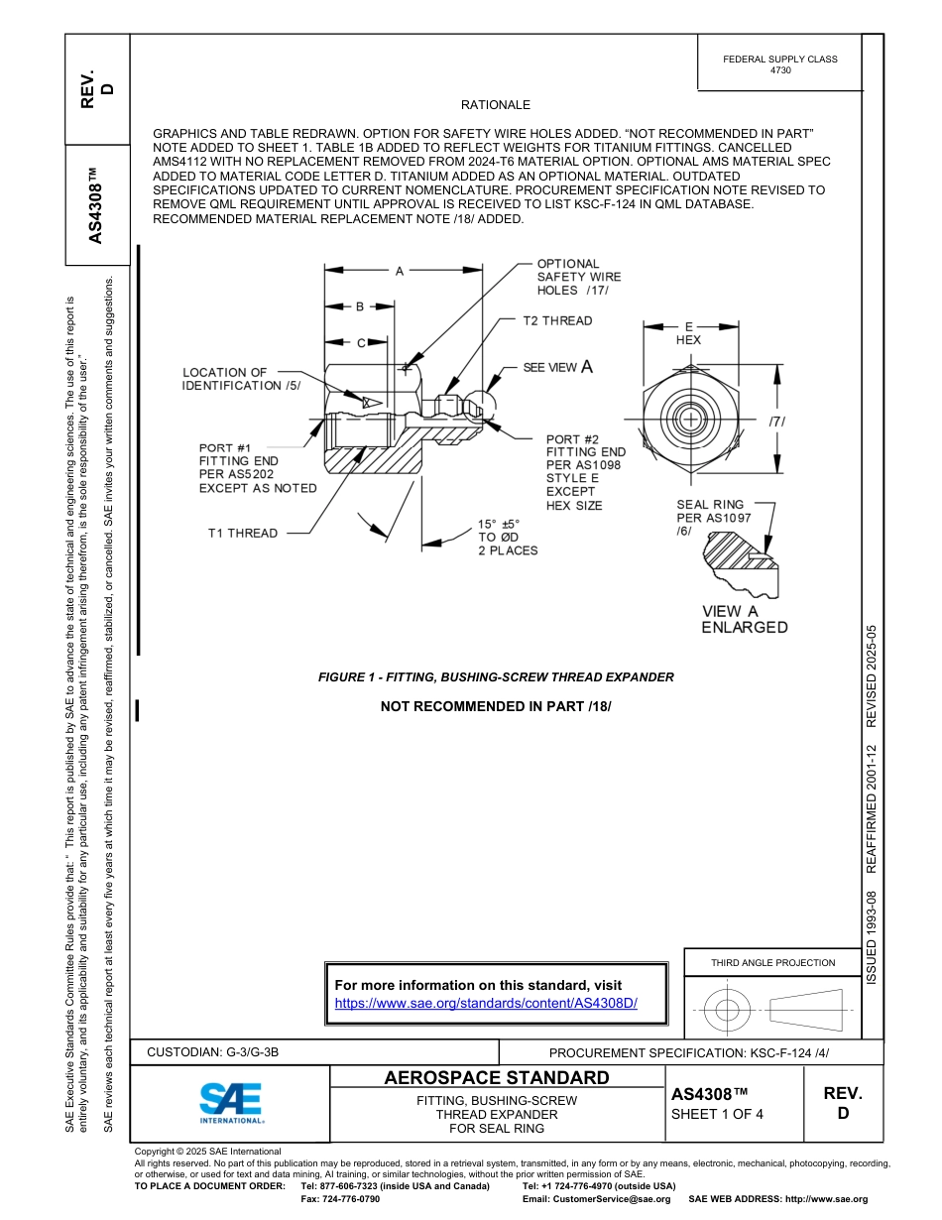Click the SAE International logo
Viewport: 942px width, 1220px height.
point(230,1102)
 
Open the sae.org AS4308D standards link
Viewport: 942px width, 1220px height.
point(486,1004)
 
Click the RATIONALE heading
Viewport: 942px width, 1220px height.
point(496,105)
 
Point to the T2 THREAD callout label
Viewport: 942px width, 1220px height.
point(557,321)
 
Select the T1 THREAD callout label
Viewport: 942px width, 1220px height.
point(243,534)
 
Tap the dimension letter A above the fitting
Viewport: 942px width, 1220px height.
point(400,270)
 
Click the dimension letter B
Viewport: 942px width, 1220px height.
point(361,307)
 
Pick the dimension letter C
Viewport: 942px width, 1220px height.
point(361,343)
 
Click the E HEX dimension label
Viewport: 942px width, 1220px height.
point(688,332)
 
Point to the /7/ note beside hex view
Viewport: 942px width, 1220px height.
point(777,422)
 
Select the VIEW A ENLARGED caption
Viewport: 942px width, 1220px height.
point(745,620)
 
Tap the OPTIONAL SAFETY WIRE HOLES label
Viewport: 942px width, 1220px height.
point(579,277)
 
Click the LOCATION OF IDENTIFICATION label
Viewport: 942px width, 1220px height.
point(241,379)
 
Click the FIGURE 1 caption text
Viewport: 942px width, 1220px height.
point(496,677)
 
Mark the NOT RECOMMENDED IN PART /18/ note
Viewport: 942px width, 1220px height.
point(496,706)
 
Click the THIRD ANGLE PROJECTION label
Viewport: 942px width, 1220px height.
point(772,962)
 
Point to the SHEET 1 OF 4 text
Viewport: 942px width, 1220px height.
point(717,1113)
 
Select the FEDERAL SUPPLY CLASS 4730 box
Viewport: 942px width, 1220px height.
point(779,64)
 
